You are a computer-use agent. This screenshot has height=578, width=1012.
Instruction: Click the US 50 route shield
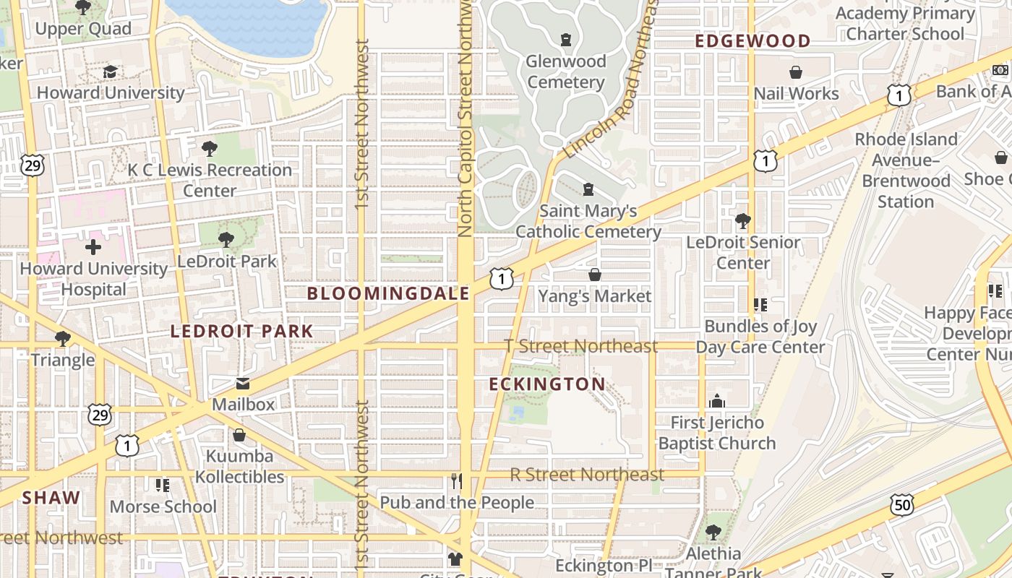(x=903, y=505)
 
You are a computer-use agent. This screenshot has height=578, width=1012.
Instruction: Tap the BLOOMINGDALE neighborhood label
(x=388, y=293)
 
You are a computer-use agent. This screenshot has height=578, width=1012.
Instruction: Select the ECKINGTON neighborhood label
(x=547, y=384)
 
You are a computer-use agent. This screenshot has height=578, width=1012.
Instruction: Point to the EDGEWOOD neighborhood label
(x=752, y=41)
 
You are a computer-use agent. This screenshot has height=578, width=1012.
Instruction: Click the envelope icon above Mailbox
(x=243, y=384)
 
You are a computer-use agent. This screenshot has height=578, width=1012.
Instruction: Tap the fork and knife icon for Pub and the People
(x=456, y=481)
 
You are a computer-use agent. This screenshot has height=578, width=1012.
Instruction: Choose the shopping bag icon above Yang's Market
(x=595, y=275)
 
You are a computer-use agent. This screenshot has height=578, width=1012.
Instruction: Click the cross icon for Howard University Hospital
(x=93, y=248)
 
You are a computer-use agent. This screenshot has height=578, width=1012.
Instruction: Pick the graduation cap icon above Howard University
(x=110, y=72)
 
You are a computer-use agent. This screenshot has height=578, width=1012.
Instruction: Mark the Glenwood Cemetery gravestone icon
(x=566, y=40)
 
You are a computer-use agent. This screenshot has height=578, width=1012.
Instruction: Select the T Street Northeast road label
(x=581, y=346)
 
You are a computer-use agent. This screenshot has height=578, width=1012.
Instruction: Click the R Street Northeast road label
(x=586, y=475)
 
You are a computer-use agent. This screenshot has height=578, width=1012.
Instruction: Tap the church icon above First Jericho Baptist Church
(x=716, y=401)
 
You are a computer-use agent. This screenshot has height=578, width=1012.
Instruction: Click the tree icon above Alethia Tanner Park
(x=713, y=532)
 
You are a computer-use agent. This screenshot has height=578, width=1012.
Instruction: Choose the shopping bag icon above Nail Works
(x=796, y=72)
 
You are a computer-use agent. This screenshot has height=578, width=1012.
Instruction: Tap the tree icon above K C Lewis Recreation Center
(x=210, y=149)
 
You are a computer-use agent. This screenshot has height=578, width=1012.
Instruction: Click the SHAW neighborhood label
(x=51, y=498)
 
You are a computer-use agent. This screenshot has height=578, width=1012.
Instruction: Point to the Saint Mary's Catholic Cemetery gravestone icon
(x=588, y=189)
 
